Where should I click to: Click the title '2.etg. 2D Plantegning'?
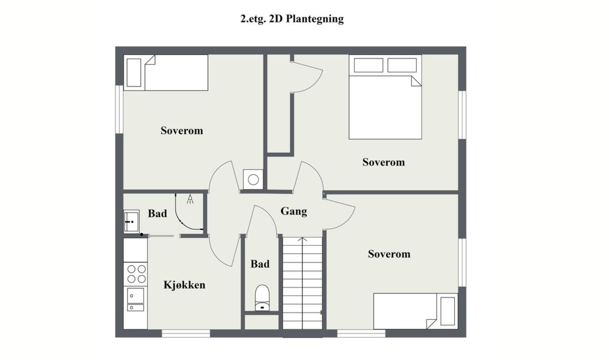292,19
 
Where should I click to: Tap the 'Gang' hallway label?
294,211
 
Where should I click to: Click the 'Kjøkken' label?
184,285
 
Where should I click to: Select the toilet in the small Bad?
262,298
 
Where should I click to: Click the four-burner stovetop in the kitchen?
136,274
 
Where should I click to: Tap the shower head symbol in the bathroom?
190,199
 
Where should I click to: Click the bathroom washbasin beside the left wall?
131,222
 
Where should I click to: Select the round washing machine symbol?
253,180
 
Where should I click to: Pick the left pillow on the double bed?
369,65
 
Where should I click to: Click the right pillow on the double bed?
402,65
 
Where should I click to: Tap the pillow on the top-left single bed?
134,73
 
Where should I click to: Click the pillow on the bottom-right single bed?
448,311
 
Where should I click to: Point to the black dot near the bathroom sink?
141,234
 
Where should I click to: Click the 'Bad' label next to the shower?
157,213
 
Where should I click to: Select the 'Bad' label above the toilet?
260,264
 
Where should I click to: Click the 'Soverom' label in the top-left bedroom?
182,131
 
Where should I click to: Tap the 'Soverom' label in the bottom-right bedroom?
389,254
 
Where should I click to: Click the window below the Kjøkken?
186,333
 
